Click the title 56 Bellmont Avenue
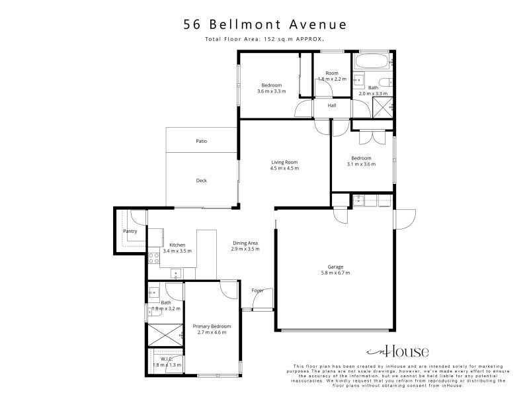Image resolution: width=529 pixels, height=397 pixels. tap(265, 24)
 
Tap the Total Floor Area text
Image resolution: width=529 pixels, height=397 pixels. tap(264, 39)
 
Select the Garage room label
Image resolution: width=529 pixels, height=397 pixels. tap(335, 267)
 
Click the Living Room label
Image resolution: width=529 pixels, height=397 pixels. tap(284, 162)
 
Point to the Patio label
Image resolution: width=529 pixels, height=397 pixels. tap(202, 141)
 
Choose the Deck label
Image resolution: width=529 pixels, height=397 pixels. tap(202, 181)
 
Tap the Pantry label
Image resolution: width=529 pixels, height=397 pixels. tap(130, 231)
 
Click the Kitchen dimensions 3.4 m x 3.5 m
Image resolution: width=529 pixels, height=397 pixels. tap(177, 251)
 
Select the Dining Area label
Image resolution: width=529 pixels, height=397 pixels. tap(245, 243)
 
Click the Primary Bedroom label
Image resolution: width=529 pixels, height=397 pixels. tap(212, 326)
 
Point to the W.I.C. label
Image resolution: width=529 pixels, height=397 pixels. tap(167, 359)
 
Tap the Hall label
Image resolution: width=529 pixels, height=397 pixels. tap(332, 105)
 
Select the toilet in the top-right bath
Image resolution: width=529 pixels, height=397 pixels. tap(386, 82)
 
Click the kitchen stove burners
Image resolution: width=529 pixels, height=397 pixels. tap(154, 258)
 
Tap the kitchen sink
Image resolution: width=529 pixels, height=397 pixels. tap(176, 273)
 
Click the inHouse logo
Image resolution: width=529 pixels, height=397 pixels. tap(397, 352)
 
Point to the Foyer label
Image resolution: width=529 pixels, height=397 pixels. tap(257, 290)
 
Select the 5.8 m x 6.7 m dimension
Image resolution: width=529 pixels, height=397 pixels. tap(335, 273)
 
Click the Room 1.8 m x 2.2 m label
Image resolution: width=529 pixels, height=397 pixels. tap(332, 76)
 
